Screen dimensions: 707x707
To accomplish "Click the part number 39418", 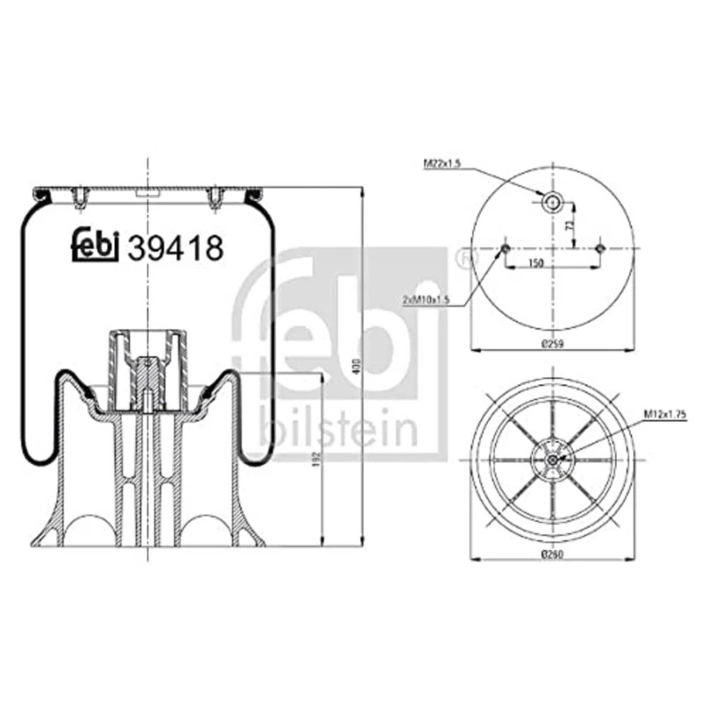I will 175,248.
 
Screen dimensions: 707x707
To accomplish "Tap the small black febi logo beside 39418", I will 95,247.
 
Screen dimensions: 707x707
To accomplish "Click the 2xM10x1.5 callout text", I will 427,300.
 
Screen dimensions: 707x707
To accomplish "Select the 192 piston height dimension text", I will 316,460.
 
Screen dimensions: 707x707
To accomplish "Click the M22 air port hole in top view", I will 551,202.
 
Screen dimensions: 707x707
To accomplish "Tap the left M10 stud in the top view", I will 504,248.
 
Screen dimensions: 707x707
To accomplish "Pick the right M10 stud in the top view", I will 599,248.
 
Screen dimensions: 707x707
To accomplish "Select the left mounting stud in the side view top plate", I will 80,200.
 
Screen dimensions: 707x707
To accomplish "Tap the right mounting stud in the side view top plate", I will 213,200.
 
